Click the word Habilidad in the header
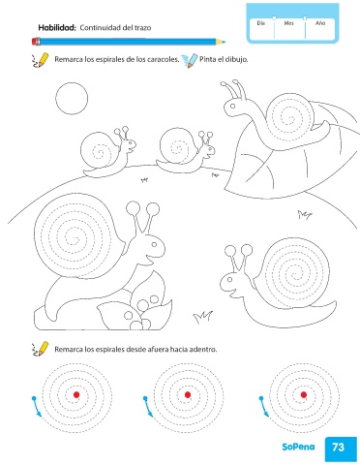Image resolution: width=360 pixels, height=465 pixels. coord(57,28)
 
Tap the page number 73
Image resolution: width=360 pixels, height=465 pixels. coord(338,447)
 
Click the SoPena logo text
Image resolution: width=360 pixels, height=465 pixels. coord(298,447)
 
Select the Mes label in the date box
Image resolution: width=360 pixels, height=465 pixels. coord(288,23)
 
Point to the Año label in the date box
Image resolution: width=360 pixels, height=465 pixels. coord(320,23)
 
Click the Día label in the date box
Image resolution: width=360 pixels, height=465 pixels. coord(261,23)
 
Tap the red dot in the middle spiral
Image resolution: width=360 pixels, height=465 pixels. coord(188,394)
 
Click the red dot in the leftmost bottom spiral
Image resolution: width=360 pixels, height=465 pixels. coord(76,394)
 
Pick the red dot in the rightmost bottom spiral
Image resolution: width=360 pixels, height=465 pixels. coord(304,394)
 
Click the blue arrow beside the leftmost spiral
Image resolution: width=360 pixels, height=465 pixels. coord(37,407)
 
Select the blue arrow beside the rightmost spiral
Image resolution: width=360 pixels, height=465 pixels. coord(264,407)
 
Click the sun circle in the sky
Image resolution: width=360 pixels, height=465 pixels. coord(72,99)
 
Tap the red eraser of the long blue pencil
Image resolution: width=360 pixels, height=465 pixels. coord(36,42)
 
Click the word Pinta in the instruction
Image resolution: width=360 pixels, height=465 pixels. coord(207,59)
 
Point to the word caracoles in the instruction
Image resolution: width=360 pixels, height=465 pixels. coord(163,60)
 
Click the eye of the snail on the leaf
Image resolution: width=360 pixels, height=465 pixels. coord(232,106)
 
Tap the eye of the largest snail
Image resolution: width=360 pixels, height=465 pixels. coord(154,244)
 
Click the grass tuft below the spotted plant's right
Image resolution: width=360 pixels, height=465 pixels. coord(202,318)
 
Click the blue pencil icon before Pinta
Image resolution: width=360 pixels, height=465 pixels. coord(190,61)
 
